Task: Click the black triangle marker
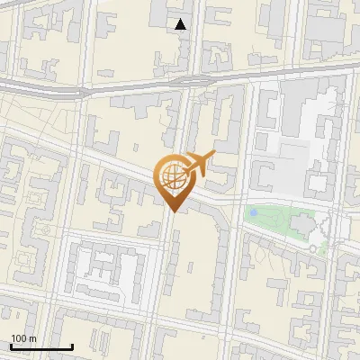[x=182, y=24]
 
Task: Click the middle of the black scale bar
[x=41, y=346]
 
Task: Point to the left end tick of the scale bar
[x=11, y=346]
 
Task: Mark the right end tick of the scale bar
[x=72, y=346]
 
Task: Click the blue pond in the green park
[x=255, y=212]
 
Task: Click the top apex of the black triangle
[x=182, y=20]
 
